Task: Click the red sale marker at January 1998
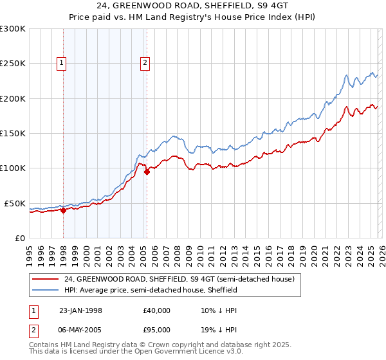click(64, 210)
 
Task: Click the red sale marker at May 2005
click(147, 172)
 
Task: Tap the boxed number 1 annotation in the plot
click(62, 63)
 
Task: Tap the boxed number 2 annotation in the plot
click(145, 63)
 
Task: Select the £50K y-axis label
click(15, 203)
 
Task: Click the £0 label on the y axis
click(20, 238)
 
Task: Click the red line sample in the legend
click(46, 279)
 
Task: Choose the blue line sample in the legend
click(46, 290)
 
